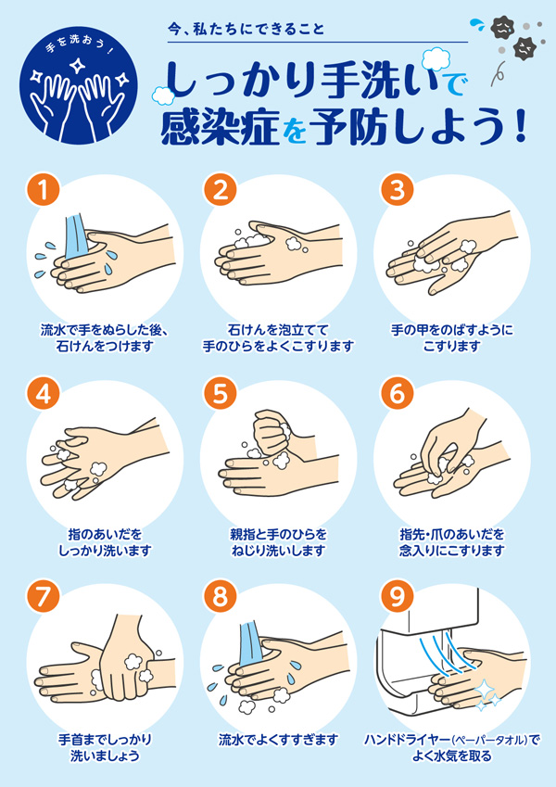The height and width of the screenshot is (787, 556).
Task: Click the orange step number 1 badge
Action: pyautogui.click(x=44, y=190)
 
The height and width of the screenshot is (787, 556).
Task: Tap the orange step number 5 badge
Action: pyautogui.click(x=220, y=393)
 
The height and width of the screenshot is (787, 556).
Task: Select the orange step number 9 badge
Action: pyautogui.click(x=398, y=597)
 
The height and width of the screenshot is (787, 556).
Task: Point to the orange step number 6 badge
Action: pyautogui.click(x=398, y=393)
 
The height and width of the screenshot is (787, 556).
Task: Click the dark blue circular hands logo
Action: pyautogui.click(x=79, y=85)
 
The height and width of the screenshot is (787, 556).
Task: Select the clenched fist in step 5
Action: pyautogui.click(x=273, y=433)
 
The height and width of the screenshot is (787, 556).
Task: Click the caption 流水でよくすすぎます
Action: pyautogui.click(x=278, y=741)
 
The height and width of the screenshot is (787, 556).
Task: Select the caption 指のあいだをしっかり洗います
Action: pyautogui.click(x=105, y=542)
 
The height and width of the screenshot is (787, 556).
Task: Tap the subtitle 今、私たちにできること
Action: pyautogui.click(x=246, y=29)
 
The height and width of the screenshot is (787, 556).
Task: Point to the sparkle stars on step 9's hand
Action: pyautogui.click(x=486, y=695)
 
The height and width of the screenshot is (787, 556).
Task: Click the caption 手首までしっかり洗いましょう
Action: pyautogui.click(x=105, y=747)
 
